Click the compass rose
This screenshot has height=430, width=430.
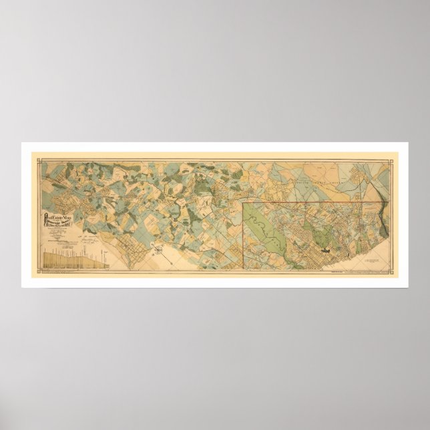[x=161, y=252]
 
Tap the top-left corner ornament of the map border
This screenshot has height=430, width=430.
[x=38, y=158]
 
